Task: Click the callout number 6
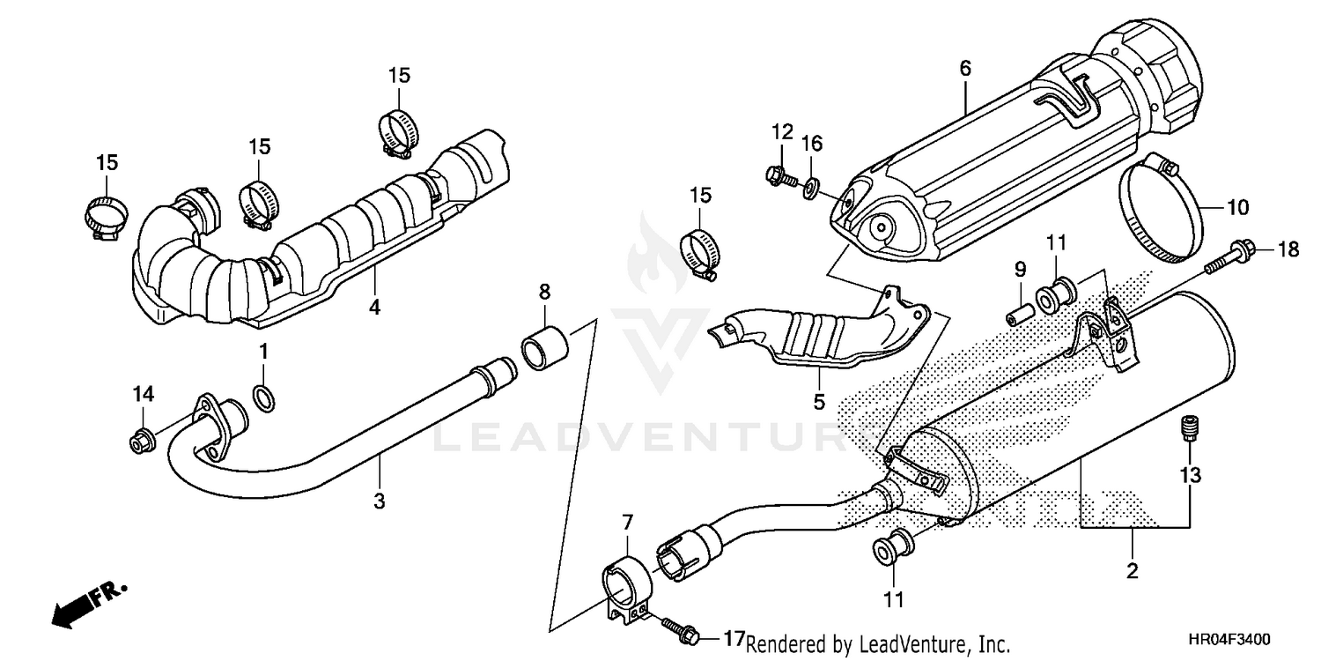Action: (x=965, y=67)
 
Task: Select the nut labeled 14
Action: (x=138, y=442)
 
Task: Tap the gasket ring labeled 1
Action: (x=262, y=397)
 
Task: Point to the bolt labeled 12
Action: (x=779, y=175)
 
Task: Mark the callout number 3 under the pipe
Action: (x=380, y=501)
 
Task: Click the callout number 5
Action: (x=819, y=402)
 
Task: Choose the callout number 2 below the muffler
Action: (x=1133, y=570)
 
